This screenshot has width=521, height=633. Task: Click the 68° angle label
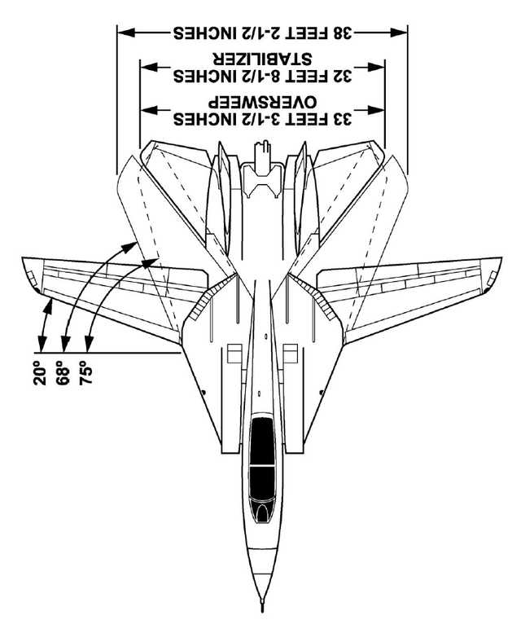[63, 372]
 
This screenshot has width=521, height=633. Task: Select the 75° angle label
[86, 371]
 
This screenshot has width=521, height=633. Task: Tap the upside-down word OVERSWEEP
[262, 103]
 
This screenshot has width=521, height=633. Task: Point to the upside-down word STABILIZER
[262, 59]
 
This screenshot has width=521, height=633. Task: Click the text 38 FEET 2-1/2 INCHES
[263, 33]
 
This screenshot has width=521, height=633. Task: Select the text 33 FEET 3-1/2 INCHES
[263, 119]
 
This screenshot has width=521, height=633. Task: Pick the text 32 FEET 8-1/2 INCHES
[263, 76]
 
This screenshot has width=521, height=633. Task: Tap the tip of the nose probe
[261, 610]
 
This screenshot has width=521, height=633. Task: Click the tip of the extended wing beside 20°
[24, 269]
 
